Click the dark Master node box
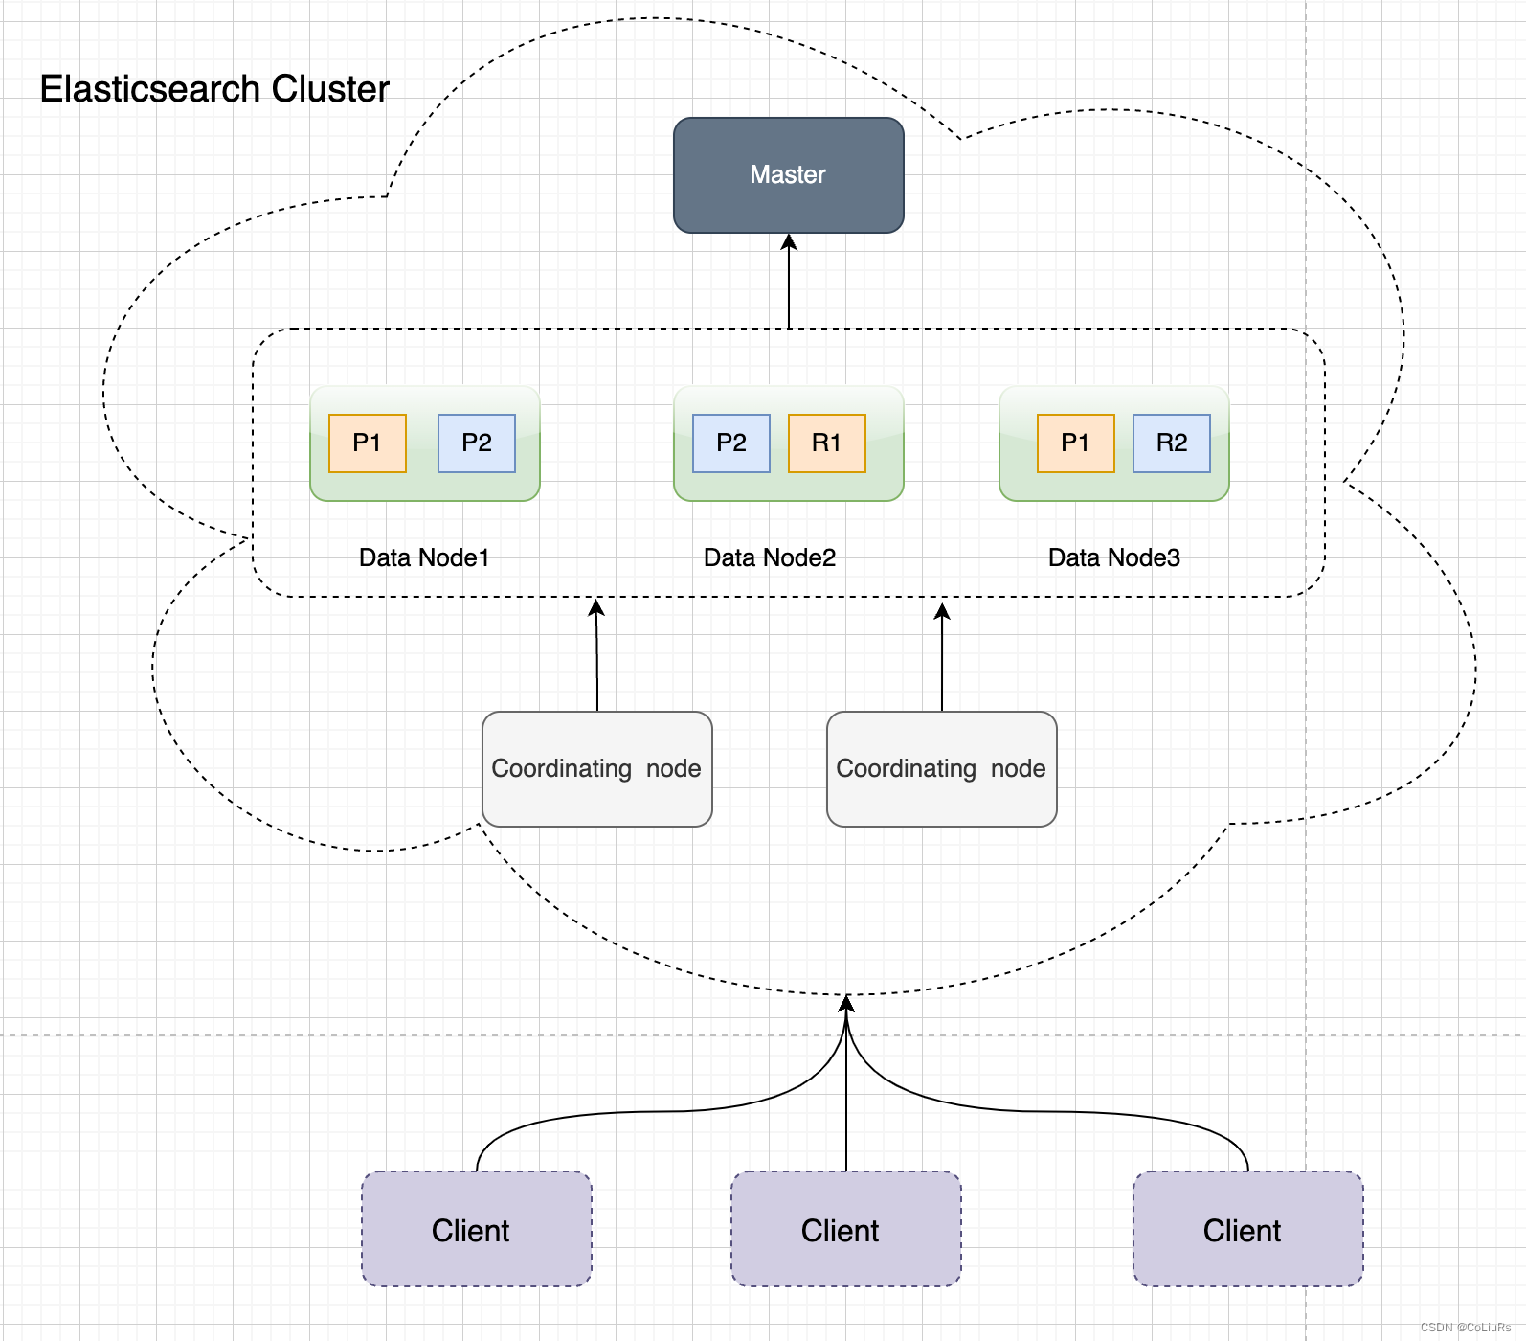788,175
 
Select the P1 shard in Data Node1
368,443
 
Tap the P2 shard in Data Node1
477,443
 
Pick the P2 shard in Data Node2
731,443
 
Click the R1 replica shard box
827,443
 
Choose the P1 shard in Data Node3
1076,443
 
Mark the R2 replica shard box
1172,443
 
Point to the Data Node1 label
424,557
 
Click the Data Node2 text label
770,557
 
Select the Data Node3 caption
1114,557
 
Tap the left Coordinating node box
596,769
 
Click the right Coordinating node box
941,769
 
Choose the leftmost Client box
477,1229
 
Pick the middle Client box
845,1229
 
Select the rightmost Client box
1247,1229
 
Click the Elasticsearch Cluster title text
214,89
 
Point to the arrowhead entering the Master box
789,241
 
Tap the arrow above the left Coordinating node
596,656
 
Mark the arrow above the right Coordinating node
942,656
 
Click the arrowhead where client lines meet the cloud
846,1004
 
